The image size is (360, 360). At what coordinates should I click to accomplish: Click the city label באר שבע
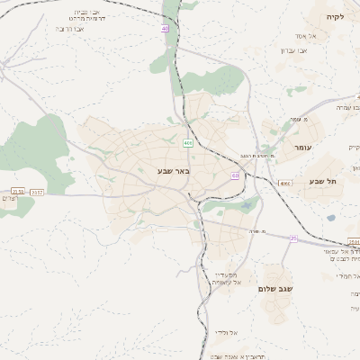(x=173, y=170)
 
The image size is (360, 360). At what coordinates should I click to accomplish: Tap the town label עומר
(x=300, y=146)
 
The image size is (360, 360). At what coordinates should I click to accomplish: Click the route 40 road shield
(x=166, y=29)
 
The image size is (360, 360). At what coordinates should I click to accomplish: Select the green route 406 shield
(x=187, y=143)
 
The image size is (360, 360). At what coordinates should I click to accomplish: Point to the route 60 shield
(x=234, y=175)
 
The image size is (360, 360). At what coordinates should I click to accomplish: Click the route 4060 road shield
(x=284, y=183)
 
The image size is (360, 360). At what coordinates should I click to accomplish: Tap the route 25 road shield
(x=292, y=238)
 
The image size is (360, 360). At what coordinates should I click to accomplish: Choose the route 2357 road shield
(x=37, y=192)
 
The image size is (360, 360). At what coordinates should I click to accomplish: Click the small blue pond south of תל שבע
(x=331, y=217)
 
